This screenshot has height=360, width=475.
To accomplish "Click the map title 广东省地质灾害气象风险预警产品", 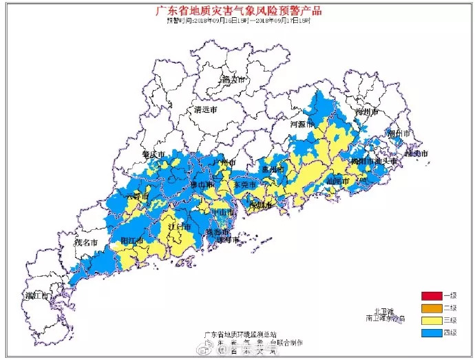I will [x=238, y=10].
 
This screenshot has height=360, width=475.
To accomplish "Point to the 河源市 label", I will [x=302, y=125].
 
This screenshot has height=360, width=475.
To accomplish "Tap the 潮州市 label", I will [x=399, y=134].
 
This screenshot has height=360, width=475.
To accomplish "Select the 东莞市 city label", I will [x=244, y=186].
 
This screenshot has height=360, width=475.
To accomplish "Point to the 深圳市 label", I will [x=261, y=204].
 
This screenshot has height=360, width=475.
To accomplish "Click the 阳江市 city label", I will [x=131, y=241].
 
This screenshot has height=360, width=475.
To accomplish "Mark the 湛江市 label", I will [x=36, y=296].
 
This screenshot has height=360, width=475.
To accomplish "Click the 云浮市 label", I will [x=136, y=196].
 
